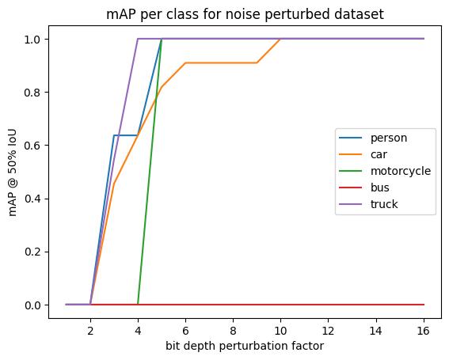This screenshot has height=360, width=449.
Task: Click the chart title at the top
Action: [245, 14]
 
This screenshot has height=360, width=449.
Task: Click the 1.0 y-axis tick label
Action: [33, 40]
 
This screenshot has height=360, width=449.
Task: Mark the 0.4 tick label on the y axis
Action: [33, 199]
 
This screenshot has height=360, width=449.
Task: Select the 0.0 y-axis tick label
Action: [33, 305]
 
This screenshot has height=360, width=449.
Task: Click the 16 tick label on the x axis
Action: [424, 331]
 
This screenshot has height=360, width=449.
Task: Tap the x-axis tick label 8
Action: [233, 331]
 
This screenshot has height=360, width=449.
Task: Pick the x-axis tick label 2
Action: [90, 331]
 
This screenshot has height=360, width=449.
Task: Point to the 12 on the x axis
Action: [328, 331]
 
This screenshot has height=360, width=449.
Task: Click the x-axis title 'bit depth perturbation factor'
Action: [245, 347]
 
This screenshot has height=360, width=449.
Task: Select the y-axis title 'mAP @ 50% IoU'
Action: [13, 172]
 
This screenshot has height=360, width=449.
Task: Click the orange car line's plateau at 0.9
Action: [221, 63]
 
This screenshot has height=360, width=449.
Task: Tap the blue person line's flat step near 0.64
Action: [126, 135]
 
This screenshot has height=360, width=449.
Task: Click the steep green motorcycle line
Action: [150, 172]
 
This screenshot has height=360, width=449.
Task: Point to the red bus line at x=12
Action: [328, 305]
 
